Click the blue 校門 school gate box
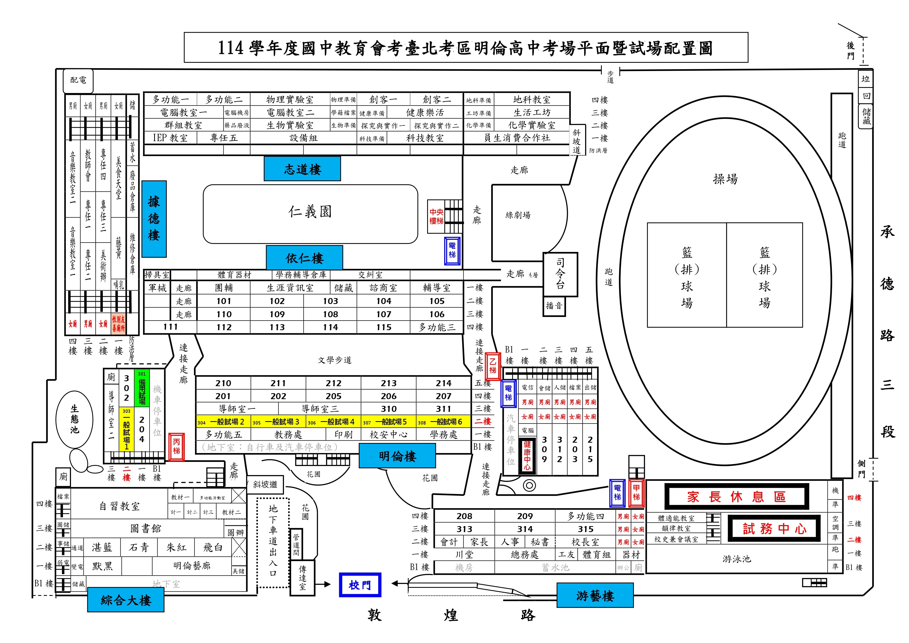[360, 585]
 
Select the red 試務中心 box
[774, 528]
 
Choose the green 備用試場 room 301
[142, 388]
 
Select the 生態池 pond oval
[74, 419]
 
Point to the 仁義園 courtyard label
[310, 212]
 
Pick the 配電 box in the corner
[78, 80]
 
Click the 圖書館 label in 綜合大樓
[146, 528]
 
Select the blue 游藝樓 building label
[595, 595]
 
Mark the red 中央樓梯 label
[436, 216]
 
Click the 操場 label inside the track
[725, 179]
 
